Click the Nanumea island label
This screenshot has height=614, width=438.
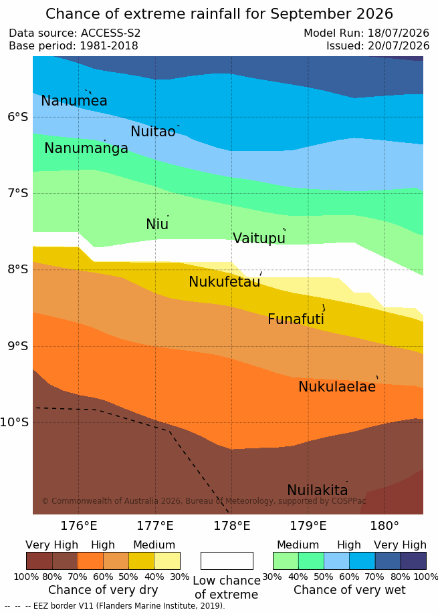pos(74,101)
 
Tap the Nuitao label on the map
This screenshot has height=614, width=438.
pos(153,131)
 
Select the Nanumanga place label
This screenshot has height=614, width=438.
pos(86,148)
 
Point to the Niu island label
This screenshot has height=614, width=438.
pos(157,224)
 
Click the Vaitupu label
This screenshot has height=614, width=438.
pos(259,238)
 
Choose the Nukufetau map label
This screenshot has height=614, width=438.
pos(225,281)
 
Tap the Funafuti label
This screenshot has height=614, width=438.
pos(296,319)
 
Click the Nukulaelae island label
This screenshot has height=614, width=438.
pos(337,387)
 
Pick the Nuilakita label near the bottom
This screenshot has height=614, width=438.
pos(318,490)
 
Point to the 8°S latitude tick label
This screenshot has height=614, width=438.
pos(17,269)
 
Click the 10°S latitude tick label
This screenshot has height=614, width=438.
pos(15,422)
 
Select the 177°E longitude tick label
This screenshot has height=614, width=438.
pos(154,526)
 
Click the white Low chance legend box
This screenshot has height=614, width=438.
pos(227,561)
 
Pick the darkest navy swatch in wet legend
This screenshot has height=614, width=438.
pos(413,561)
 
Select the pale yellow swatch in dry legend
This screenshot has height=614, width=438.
pos(167,561)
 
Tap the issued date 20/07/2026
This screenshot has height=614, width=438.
pos(399,46)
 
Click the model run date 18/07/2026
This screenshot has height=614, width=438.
pos(399,33)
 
